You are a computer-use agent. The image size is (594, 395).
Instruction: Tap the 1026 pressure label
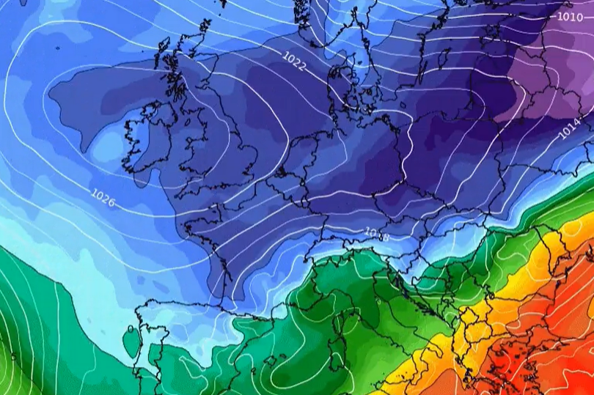click(103, 197)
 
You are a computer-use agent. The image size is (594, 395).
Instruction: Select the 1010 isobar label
click(570, 16)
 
